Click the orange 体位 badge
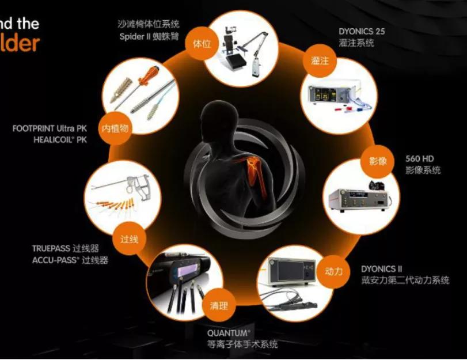coord(202,44)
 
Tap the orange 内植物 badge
coord(115,127)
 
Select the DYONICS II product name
coord(382,268)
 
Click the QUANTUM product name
coord(229,332)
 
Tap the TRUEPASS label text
coord(51,249)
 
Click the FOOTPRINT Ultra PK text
coord(50,128)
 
